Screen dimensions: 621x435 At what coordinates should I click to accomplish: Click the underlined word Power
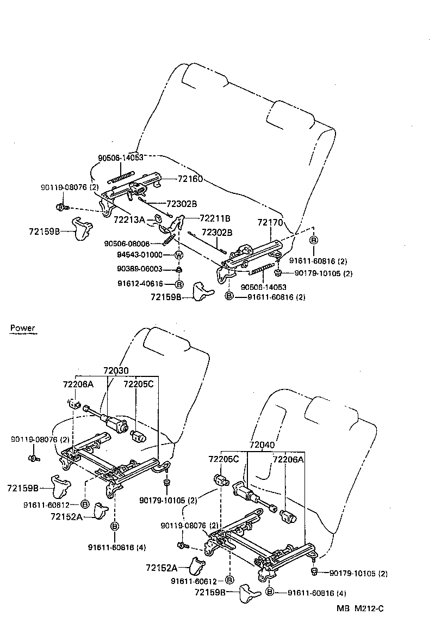pyautogui.click(x=22, y=328)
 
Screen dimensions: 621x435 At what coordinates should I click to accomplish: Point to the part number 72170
pyautogui.click(x=270, y=222)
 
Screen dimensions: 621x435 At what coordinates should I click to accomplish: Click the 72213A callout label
pyautogui.click(x=129, y=220)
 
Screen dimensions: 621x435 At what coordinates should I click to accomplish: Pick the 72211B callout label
pyautogui.click(x=215, y=218)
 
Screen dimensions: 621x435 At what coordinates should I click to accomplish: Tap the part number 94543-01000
pyautogui.click(x=140, y=254)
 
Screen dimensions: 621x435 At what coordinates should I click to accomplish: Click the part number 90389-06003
pyautogui.click(x=140, y=269)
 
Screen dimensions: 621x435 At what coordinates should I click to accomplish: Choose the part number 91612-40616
pyautogui.click(x=140, y=284)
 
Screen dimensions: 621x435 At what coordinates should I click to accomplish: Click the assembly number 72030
pyautogui.click(x=117, y=371)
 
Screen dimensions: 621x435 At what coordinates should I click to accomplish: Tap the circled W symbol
pyautogui.click(x=178, y=255)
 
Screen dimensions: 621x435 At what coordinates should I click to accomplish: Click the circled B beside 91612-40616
pyautogui.click(x=179, y=284)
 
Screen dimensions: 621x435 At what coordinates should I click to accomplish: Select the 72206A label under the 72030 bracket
pyautogui.click(x=78, y=384)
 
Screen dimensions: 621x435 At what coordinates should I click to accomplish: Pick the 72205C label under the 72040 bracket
pyautogui.click(x=223, y=459)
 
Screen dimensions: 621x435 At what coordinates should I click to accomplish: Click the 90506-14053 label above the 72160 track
pyautogui.click(x=120, y=157)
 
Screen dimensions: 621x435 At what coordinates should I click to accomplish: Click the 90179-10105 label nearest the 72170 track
pyautogui.click(x=324, y=273)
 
